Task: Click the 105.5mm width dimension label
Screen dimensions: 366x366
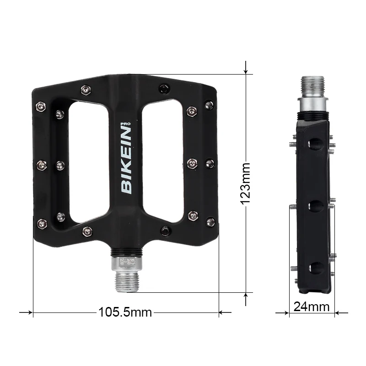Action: pyautogui.click(x=125, y=312)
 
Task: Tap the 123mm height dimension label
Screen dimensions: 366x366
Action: pyautogui.click(x=246, y=184)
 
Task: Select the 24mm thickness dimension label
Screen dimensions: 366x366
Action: pyautogui.click(x=312, y=307)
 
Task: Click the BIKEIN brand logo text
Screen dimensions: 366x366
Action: pyautogui.click(x=126, y=161)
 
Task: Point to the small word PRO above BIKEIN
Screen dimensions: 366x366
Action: pyautogui.click(x=125, y=124)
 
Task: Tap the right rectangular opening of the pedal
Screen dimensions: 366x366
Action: pyautogui.click(x=162, y=161)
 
